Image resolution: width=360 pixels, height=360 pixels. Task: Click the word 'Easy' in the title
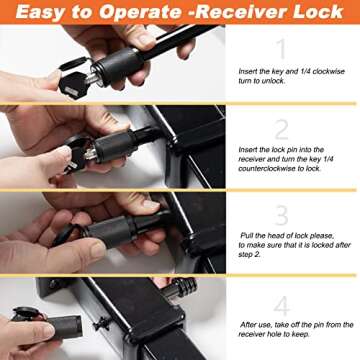(x=47, y=13)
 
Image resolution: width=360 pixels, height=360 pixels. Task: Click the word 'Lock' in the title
(x=330, y=13)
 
